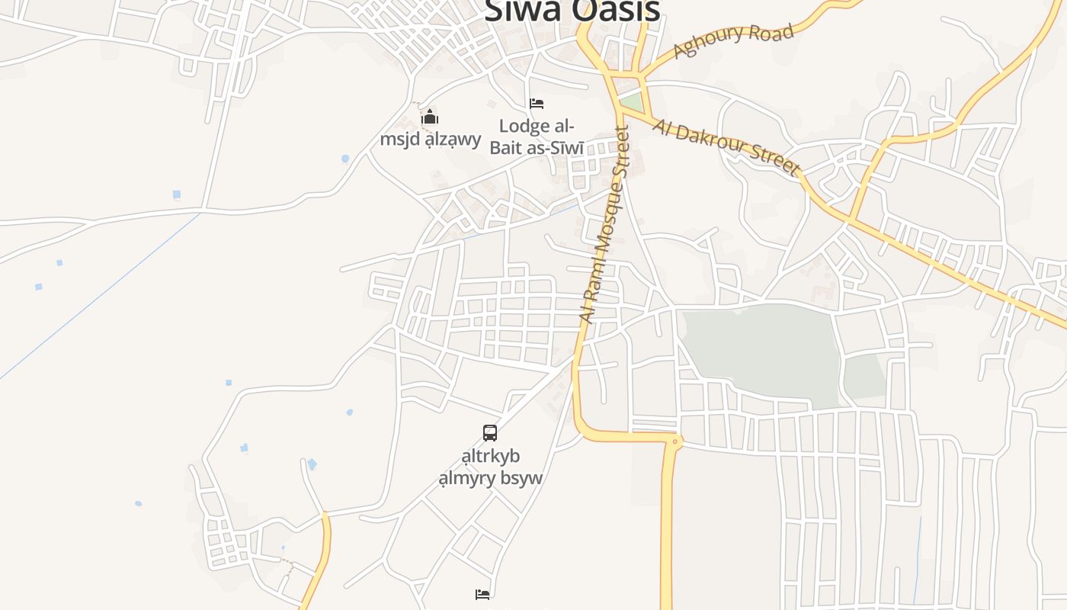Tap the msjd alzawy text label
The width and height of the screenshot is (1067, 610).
click(431, 140)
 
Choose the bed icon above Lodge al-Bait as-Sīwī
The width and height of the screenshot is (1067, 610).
click(537, 103)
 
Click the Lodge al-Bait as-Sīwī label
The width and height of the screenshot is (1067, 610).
click(537, 136)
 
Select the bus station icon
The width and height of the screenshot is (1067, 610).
click(490, 433)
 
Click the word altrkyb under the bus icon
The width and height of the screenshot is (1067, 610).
click(491, 456)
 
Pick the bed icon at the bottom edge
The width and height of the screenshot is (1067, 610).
click(482, 595)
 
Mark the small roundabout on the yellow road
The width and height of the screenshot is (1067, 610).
click(674, 440)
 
